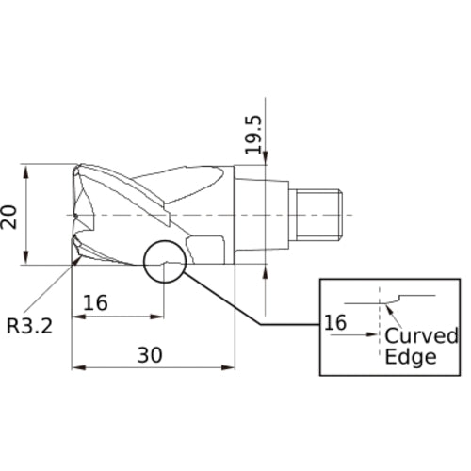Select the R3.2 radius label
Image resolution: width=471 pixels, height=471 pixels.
29,327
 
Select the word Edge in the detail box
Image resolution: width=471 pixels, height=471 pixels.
411,357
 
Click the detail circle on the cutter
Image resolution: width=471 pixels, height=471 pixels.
166,263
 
